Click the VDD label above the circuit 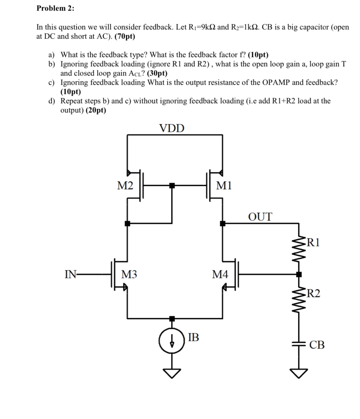tap(172, 128)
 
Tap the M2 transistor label tap(125, 186)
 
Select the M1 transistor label tap(224, 186)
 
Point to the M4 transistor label tap(220, 274)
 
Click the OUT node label tap(260, 217)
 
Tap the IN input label tap(71, 274)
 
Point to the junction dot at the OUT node tap(223, 224)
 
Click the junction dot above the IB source tap(171, 318)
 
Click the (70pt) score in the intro tap(125, 36)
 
